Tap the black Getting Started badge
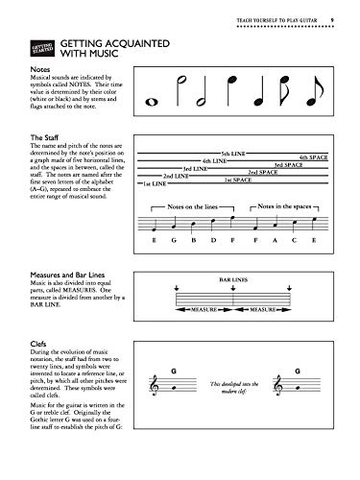click(x=37, y=48)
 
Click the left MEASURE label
click(x=210, y=337)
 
